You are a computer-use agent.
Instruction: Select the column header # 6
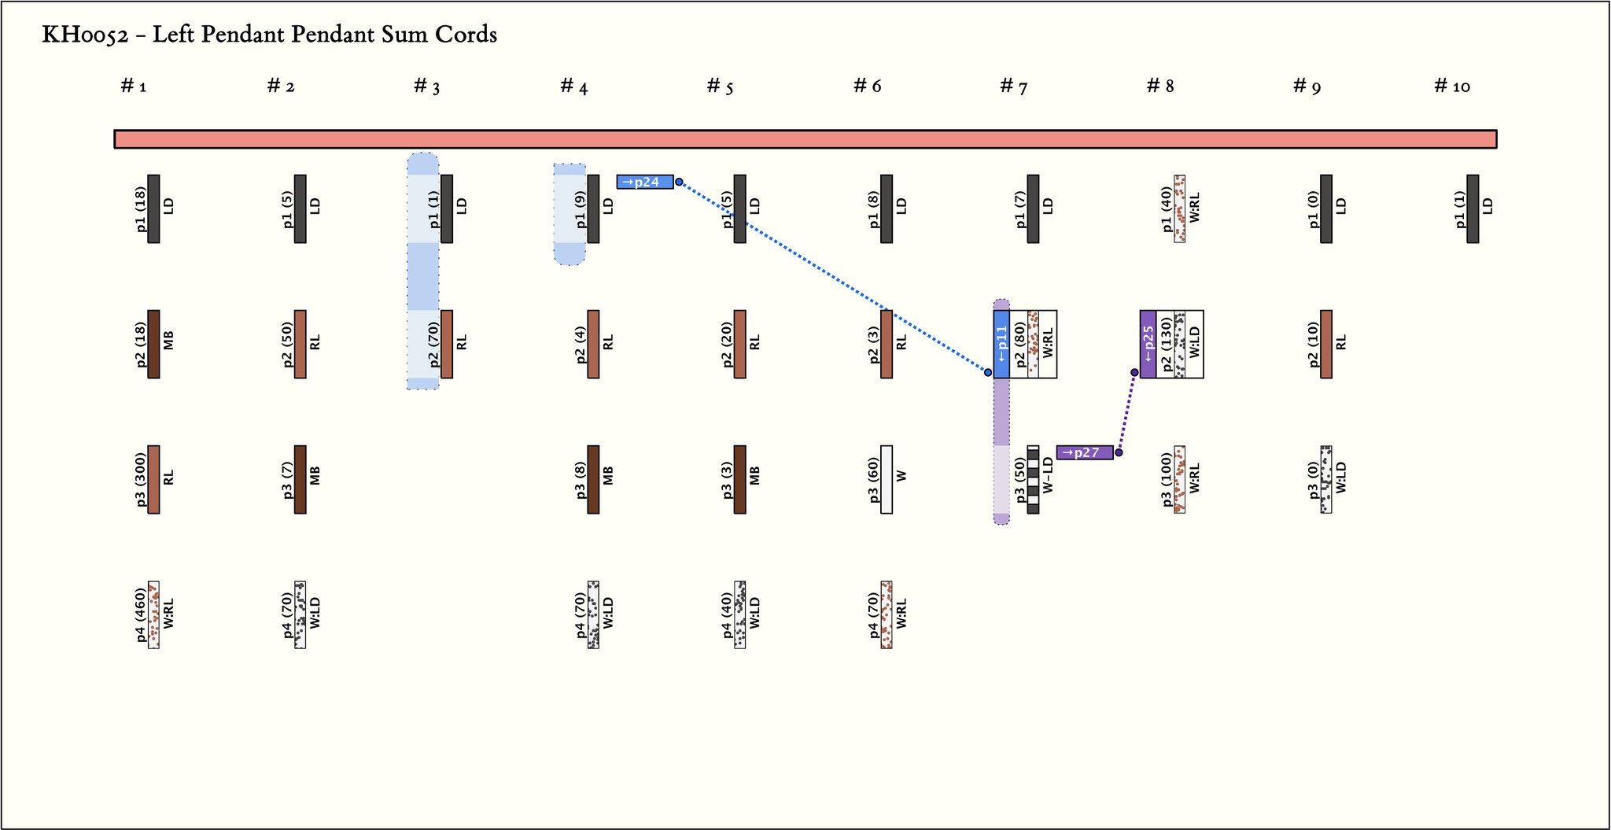(x=868, y=86)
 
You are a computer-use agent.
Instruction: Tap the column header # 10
(x=1452, y=86)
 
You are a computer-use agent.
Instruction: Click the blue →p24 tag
(x=645, y=182)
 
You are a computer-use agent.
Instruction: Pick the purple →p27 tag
(x=1085, y=452)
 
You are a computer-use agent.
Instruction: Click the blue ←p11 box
(x=1001, y=344)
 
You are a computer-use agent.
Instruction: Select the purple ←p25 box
(x=1148, y=344)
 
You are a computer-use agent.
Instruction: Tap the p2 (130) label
(x=1166, y=344)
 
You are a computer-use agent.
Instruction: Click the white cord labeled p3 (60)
(x=887, y=479)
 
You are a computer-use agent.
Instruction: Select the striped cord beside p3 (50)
(x=1033, y=479)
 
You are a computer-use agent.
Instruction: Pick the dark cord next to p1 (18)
(x=153, y=208)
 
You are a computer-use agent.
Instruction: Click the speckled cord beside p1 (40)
(x=1180, y=208)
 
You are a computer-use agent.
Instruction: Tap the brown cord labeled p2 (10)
(x=1326, y=344)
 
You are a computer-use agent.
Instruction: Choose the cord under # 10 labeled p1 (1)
(x=1473, y=208)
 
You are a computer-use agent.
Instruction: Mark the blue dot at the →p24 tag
(x=679, y=182)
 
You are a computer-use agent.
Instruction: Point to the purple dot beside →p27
(x=1119, y=452)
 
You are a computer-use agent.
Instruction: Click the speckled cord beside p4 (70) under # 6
(x=887, y=614)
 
